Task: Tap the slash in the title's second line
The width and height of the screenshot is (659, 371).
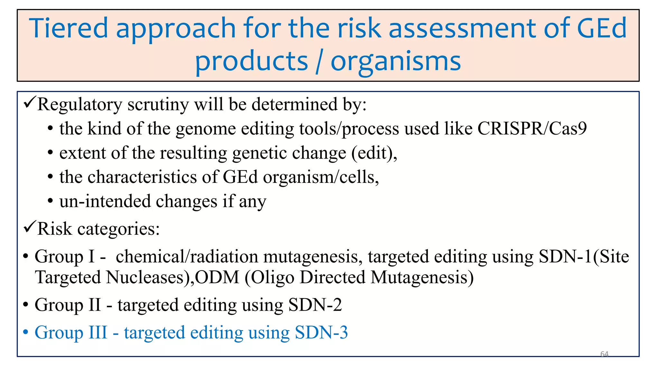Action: (x=319, y=62)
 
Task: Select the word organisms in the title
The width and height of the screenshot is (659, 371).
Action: (x=395, y=62)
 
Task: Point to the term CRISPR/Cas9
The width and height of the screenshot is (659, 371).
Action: (x=532, y=128)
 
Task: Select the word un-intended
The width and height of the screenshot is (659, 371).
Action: (x=105, y=201)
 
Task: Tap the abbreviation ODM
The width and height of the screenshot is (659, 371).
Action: (x=217, y=277)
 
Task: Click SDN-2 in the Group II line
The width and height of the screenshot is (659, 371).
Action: (x=315, y=305)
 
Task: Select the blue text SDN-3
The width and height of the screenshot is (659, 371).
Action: (x=321, y=332)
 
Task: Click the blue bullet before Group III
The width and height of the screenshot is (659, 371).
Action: (x=26, y=332)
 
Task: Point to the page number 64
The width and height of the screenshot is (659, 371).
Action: (x=604, y=354)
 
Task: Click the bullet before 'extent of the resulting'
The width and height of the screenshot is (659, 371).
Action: (x=50, y=153)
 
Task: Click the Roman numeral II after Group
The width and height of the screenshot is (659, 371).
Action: (x=95, y=305)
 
